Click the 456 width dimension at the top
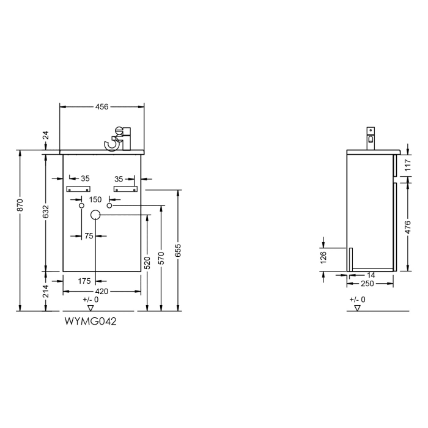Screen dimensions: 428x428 pyautogui.click(x=101, y=106)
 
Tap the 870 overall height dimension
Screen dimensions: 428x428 pyautogui.click(x=20, y=206)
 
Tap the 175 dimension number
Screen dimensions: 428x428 pyautogui.click(x=84, y=281)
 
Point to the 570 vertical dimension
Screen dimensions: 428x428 pyautogui.click(x=161, y=257)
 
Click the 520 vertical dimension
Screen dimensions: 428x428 pyautogui.click(x=147, y=263)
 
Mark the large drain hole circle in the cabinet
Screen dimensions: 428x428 pyautogui.click(x=95, y=215)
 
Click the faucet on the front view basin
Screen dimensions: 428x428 pyautogui.click(x=119, y=138)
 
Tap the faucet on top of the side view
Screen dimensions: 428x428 pyautogui.click(x=370, y=138)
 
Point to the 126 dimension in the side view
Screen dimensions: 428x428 pyautogui.click(x=323, y=259)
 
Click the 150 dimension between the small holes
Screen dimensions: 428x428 pyautogui.click(x=95, y=199)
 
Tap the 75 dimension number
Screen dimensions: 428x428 pyautogui.click(x=89, y=235)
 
